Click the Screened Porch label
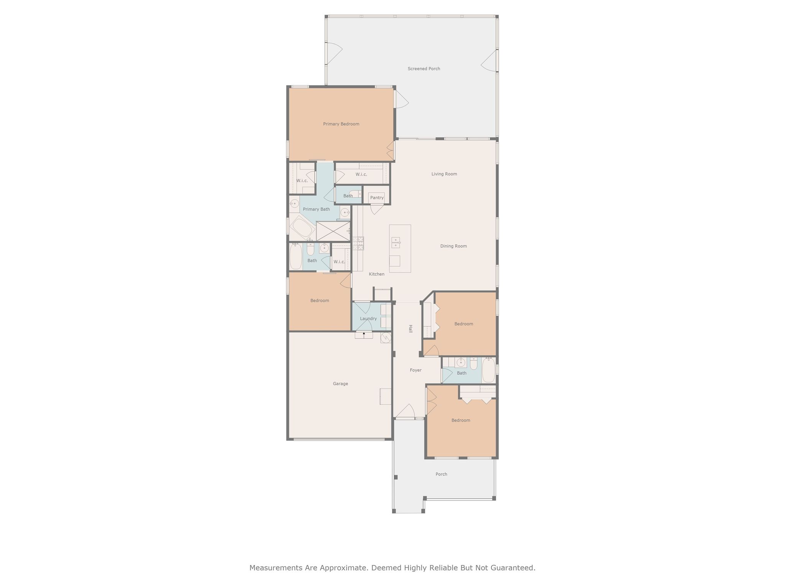[x=424, y=69]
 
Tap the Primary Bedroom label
[x=341, y=124]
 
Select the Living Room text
[x=444, y=174]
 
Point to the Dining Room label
[x=453, y=246]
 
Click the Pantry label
[x=376, y=198]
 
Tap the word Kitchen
[x=376, y=274]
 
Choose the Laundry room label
[x=368, y=318]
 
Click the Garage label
[x=340, y=384]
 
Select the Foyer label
[x=415, y=370]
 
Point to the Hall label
[x=410, y=328]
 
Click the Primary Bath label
[x=316, y=209]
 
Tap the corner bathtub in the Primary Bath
[x=302, y=229]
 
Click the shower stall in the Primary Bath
[x=333, y=231]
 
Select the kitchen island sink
[x=396, y=242]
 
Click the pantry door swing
[x=376, y=209]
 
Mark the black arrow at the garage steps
[x=364, y=334]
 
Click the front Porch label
[x=441, y=474]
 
